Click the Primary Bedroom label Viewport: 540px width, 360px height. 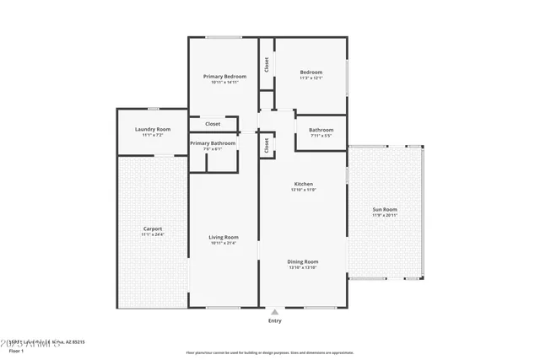(224, 76)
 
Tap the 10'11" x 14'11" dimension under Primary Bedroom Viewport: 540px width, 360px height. (224, 83)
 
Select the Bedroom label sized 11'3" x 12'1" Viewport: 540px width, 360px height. (311, 73)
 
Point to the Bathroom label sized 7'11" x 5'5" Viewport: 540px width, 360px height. (321, 129)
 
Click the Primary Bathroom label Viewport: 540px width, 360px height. (213, 143)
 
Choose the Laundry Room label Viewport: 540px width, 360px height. (152, 129)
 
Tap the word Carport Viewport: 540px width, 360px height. (152, 228)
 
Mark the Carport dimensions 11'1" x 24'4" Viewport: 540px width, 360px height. (152, 235)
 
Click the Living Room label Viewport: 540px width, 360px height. (224, 237)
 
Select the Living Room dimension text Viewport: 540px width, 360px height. (224, 244)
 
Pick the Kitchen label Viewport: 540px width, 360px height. (303, 184)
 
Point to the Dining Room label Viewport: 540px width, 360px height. (303, 261)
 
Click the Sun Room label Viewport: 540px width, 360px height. (385, 208)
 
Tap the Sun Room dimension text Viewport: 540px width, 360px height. (385, 215)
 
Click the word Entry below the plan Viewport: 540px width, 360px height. (275, 320)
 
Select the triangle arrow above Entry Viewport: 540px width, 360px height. (275, 311)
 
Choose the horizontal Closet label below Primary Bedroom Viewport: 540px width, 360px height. (213, 124)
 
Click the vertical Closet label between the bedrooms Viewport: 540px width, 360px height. (267, 63)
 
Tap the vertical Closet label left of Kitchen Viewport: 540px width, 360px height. (267, 145)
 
